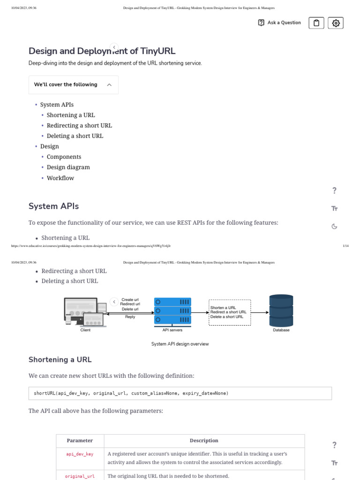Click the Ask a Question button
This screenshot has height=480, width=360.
[280, 23]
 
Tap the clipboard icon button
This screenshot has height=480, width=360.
[316, 23]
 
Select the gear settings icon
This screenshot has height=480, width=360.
[336, 23]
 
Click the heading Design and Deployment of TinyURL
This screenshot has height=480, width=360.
[102, 51]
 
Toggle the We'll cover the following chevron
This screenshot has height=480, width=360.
[109, 85]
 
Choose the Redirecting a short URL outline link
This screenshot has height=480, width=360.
[79, 126]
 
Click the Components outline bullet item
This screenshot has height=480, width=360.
[64, 157]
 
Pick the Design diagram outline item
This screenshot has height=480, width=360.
[68, 167]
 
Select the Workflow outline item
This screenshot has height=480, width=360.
[60, 178]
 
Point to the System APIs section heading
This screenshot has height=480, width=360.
[53, 206]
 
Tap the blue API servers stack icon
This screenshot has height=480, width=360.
[172, 311]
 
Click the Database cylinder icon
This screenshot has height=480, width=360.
[281, 310]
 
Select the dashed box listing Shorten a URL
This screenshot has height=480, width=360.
[230, 312]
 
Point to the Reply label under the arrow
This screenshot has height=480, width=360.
[130, 317]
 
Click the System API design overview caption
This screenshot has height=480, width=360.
[180, 344]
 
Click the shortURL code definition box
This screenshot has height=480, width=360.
[180, 393]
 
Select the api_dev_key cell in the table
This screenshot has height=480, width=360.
[80, 454]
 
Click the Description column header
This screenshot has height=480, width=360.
[204, 441]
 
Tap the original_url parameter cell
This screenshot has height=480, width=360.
[80, 476]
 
